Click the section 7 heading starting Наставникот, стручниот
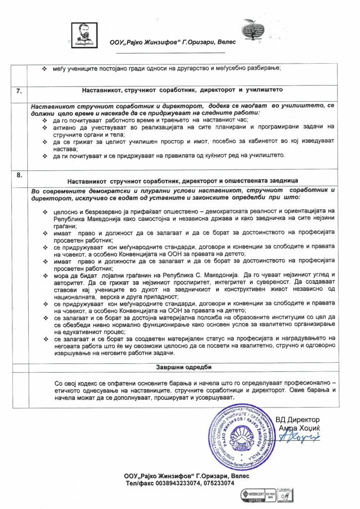point(182,91)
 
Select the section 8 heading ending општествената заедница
point(182,179)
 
